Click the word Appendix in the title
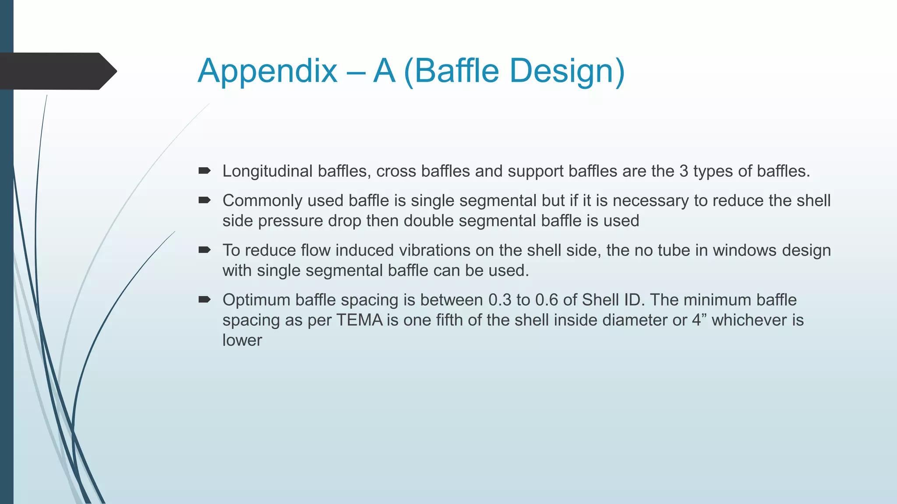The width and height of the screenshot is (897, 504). point(268,71)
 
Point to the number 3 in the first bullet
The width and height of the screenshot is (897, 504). point(684,171)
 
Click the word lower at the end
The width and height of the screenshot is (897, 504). point(242,340)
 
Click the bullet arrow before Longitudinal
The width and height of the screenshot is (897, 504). point(205,171)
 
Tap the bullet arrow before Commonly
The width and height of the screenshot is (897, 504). point(205,200)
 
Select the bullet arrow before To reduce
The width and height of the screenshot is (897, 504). point(205,250)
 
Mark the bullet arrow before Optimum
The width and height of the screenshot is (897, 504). point(205,300)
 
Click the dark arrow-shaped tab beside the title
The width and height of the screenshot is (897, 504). point(57,71)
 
